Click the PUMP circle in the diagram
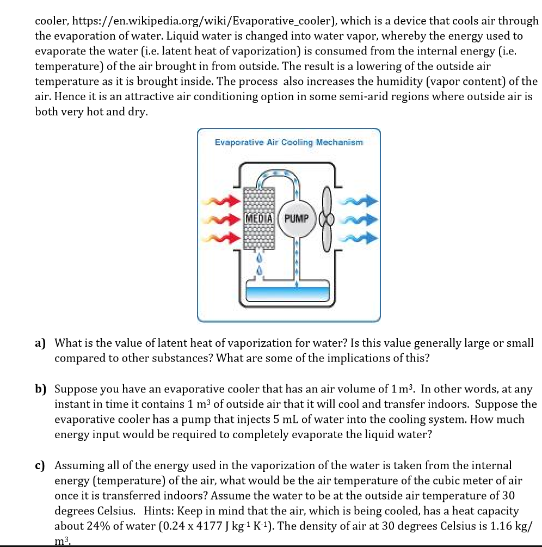click(296, 219)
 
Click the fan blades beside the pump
click(327, 219)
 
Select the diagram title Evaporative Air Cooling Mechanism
click(288, 143)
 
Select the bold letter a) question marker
click(40, 343)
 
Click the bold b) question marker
click(40, 390)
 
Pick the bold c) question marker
click(40, 465)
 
